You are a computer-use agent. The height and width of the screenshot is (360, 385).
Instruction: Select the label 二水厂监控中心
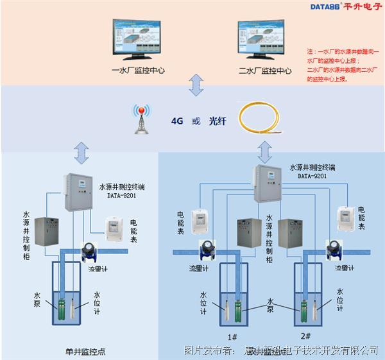coord(265,71)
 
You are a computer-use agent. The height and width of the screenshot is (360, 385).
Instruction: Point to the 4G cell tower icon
coord(140,119)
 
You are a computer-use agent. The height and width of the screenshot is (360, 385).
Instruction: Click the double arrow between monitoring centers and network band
coord(196,84)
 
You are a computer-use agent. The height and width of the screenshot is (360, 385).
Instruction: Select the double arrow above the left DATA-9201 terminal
coord(81,153)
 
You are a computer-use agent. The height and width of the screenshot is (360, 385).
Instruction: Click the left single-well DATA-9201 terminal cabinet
coord(80,191)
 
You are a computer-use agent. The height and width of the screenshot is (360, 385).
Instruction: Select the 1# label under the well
coord(233,336)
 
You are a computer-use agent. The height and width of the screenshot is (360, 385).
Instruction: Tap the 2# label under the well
coord(305,336)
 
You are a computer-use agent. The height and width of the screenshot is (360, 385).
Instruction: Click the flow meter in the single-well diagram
coord(90,250)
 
